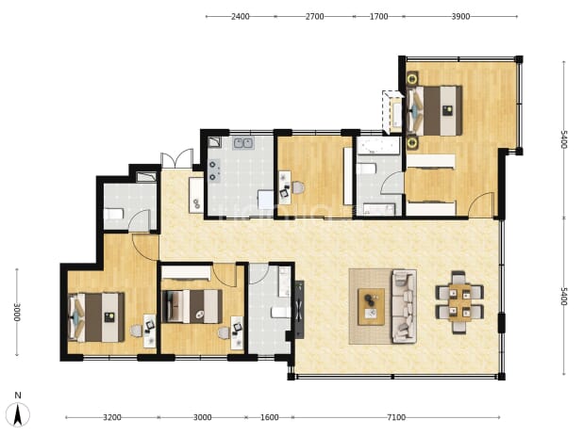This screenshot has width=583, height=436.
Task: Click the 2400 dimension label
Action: [x=241, y=17]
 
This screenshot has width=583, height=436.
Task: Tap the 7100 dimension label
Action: [x=396, y=417]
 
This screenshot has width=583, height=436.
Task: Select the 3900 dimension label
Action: [x=460, y=17]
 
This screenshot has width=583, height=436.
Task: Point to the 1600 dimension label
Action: [x=269, y=417]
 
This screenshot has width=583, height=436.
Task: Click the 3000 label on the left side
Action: [x=17, y=313]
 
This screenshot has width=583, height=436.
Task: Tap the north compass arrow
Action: [x=18, y=414]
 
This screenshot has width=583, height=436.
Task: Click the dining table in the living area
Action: [x=459, y=302]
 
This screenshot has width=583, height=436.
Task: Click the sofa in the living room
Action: [x=404, y=306]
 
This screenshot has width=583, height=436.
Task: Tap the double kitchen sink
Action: [x=243, y=143]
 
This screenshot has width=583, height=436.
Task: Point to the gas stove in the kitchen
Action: [x=214, y=170]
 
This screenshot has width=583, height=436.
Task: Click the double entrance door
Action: [x=177, y=159]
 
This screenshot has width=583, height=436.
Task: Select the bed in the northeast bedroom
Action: [x=435, y=110]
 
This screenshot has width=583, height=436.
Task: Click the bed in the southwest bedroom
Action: [x=96, y=317]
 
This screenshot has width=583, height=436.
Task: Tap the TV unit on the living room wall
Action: [x=299, y=310]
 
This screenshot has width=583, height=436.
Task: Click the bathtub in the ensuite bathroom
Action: [x=378, y=146]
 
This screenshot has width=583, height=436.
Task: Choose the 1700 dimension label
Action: [x=378, y=17]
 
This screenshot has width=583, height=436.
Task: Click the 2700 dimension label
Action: [x=314, y=17]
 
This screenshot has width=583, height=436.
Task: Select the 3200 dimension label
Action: [x=112, y=417]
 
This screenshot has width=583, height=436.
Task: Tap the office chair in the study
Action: [x=298, y=187]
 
